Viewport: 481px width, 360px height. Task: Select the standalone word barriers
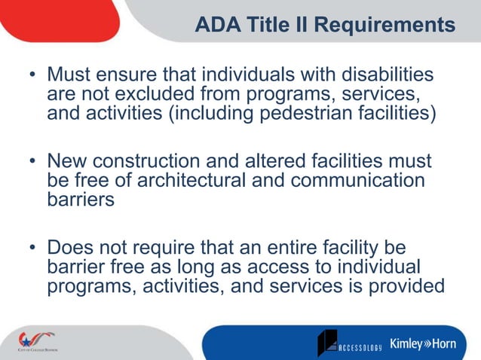coord(81,201)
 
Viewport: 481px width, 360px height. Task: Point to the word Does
coord(70,248)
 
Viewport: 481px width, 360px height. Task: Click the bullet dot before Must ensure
coord(32,77)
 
